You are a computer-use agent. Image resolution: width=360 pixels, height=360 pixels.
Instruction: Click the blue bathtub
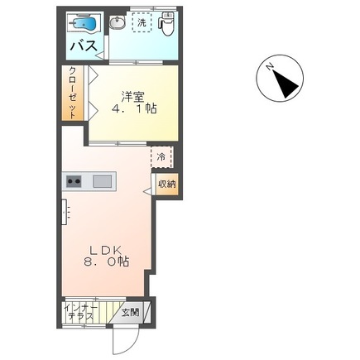82,24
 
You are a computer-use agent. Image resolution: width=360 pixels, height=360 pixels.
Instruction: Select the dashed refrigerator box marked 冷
160,156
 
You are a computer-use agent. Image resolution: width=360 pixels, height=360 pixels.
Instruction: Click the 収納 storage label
166,185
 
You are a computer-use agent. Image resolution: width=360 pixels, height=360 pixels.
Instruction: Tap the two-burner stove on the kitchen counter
74,181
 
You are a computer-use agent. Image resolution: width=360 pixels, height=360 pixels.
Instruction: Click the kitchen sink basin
102,181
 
